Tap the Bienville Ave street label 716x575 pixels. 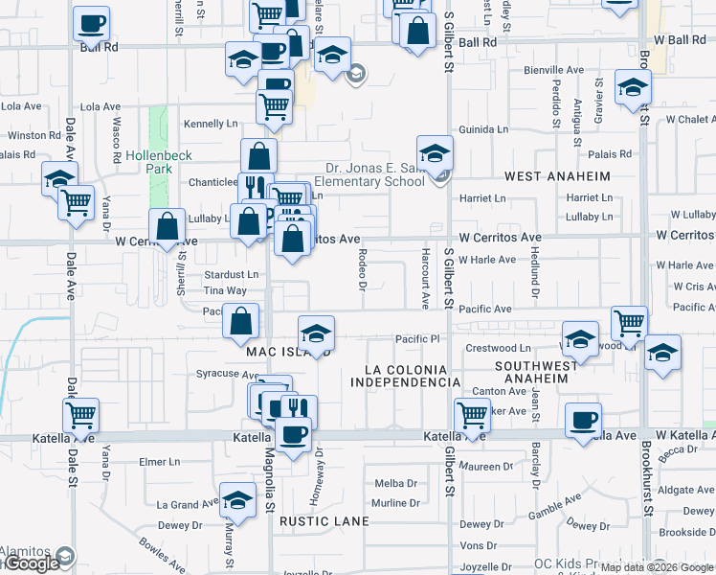[553, 70]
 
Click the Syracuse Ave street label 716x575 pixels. [221, 373]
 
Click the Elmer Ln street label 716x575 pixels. [159, 461]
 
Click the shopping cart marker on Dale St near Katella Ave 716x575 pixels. [81, 415]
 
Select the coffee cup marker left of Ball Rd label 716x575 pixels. [92, 23]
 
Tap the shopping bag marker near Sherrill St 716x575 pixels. [168, 227]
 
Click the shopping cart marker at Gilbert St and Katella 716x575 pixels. [472, 415]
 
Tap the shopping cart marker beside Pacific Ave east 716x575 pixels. [630, 323]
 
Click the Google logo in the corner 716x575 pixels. [32, 563]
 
